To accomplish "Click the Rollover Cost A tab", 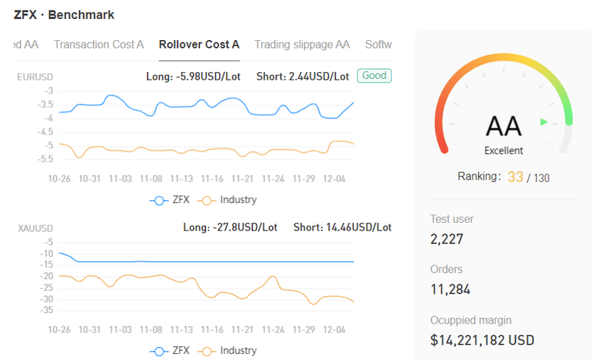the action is [199, 45].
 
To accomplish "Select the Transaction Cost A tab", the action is [98, 45].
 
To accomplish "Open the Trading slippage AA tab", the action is [301, 45].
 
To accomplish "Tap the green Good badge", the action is [374, 75].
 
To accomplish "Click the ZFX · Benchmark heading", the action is [64, 14].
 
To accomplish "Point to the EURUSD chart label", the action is [35, 77].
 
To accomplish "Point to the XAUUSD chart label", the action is [35, 228].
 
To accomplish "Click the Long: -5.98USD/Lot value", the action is [193, 77].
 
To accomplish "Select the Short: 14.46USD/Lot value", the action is [342, 227].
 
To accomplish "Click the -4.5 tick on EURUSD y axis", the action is [45, 132].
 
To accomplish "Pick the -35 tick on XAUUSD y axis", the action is [46, 310].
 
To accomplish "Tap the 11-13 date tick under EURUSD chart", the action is [181, 179].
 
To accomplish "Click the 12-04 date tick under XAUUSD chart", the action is [334, 330].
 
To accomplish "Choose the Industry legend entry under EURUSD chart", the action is [227, 200].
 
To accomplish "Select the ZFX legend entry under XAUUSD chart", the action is [170, 351].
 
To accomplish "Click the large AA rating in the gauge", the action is [504, 127].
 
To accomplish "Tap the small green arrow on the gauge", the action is [544, 122].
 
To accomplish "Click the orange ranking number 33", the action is [515, 177].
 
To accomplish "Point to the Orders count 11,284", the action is [450, 290].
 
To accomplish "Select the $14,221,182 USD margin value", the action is [483, 340].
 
